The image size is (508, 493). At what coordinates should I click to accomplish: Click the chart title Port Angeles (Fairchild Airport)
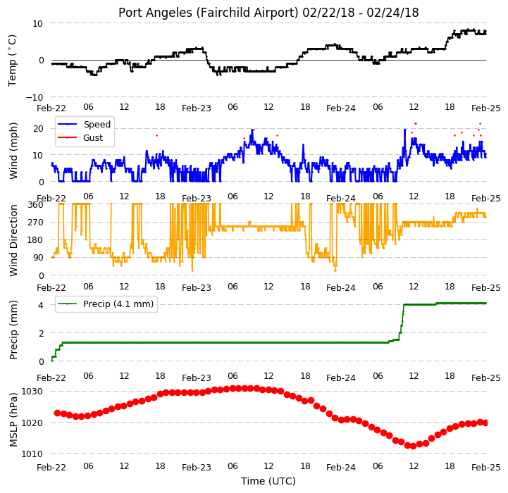click(208, 13)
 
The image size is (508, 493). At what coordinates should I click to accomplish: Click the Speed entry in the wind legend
click(97, 125)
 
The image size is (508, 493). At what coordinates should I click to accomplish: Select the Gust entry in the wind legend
click(93, 137)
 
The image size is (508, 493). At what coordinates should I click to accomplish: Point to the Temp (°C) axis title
click(12, 61)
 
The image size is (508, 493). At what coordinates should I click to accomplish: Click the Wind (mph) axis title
click(13, 151)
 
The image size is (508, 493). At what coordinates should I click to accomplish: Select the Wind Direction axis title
click(13, 240)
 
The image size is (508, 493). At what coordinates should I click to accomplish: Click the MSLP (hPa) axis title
click(13, 420)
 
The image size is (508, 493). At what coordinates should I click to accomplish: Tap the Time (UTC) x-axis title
click(268, 481)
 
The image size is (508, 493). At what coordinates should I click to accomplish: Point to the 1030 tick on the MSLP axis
click(32, 392)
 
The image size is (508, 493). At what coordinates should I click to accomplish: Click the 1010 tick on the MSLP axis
click(32, 454)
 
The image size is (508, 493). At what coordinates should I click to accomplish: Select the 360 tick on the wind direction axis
click(36, 205)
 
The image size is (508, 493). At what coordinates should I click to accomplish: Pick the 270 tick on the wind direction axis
click(36, 223)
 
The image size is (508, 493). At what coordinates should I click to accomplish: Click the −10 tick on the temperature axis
click(35, 97)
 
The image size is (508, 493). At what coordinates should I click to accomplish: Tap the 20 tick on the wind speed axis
click(38, 129)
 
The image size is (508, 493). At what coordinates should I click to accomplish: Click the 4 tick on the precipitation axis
click(41, 305)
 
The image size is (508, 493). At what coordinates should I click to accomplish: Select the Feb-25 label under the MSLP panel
click(486, 468)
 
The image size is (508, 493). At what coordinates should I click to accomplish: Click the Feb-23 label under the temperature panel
click(197, 108)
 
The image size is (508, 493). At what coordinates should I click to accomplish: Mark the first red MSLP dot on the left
click(57, 413)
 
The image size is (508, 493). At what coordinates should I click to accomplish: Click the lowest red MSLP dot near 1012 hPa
click(413, 446)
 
